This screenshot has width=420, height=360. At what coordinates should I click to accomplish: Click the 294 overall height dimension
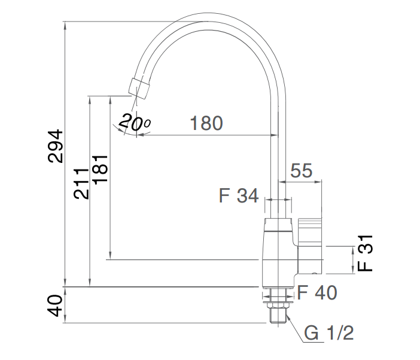coord(55,146)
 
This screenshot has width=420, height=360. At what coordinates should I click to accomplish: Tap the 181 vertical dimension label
coord(99,165)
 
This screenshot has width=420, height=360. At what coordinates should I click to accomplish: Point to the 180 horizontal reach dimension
coord(206,123)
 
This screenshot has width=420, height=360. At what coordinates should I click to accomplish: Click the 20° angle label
coord(133,123)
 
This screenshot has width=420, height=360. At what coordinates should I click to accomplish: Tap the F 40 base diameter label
coord(316,293)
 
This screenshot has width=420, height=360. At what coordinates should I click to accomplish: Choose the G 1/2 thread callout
coord(328,332)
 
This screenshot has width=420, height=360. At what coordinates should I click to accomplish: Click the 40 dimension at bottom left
coord(55,306)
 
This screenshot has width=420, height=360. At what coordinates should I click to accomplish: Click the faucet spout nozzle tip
coord(139,87)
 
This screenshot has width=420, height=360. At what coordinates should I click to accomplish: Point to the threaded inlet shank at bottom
coord(277,311)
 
